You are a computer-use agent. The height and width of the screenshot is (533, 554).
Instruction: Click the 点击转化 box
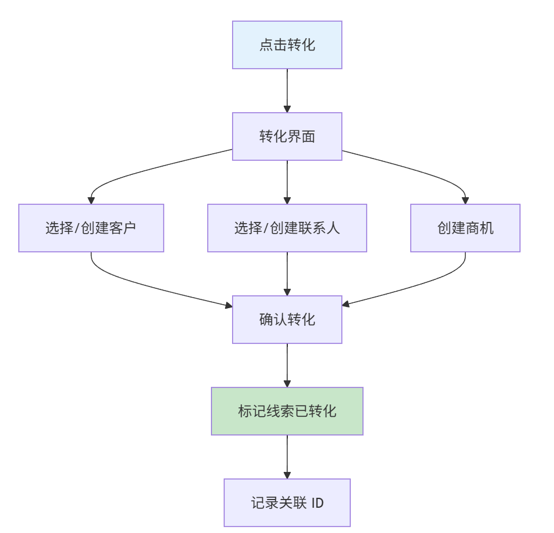pyautogui.click(x=287, y=45)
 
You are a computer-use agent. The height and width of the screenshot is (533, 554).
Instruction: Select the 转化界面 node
pyautogui.click(x=287, y=136)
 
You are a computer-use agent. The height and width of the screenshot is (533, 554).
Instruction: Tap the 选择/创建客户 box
pyautogui.click(x=91, y=228)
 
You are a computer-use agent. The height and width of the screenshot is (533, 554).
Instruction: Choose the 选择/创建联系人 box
pyautogui.click(x=287, y=228)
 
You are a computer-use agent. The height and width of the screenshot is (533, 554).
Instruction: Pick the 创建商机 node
pyautogui.click(x=465, y=228)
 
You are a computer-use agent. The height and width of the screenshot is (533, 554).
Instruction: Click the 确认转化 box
pyautogui.click(x=287, y=319)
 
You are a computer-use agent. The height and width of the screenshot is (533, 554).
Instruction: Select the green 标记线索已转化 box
pyautogui.click(x=287, y=411)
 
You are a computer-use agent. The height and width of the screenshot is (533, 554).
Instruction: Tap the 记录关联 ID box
pyautogui.click(x=287, y=502)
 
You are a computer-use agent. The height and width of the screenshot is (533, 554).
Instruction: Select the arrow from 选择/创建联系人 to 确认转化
pyautogui.click(x=287, y=273)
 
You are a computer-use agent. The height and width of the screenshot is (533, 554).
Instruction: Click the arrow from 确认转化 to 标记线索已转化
pyautogui.click(x=287, y=365)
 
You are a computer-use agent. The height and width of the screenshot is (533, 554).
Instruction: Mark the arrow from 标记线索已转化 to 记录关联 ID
pyautogui.click(x=287, y=456)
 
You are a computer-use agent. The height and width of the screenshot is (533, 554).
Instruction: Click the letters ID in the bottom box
pyautogui.click(x=317, y=503)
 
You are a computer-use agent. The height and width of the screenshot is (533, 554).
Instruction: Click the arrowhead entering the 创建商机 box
pyautogui.click(x=465, y=200)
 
